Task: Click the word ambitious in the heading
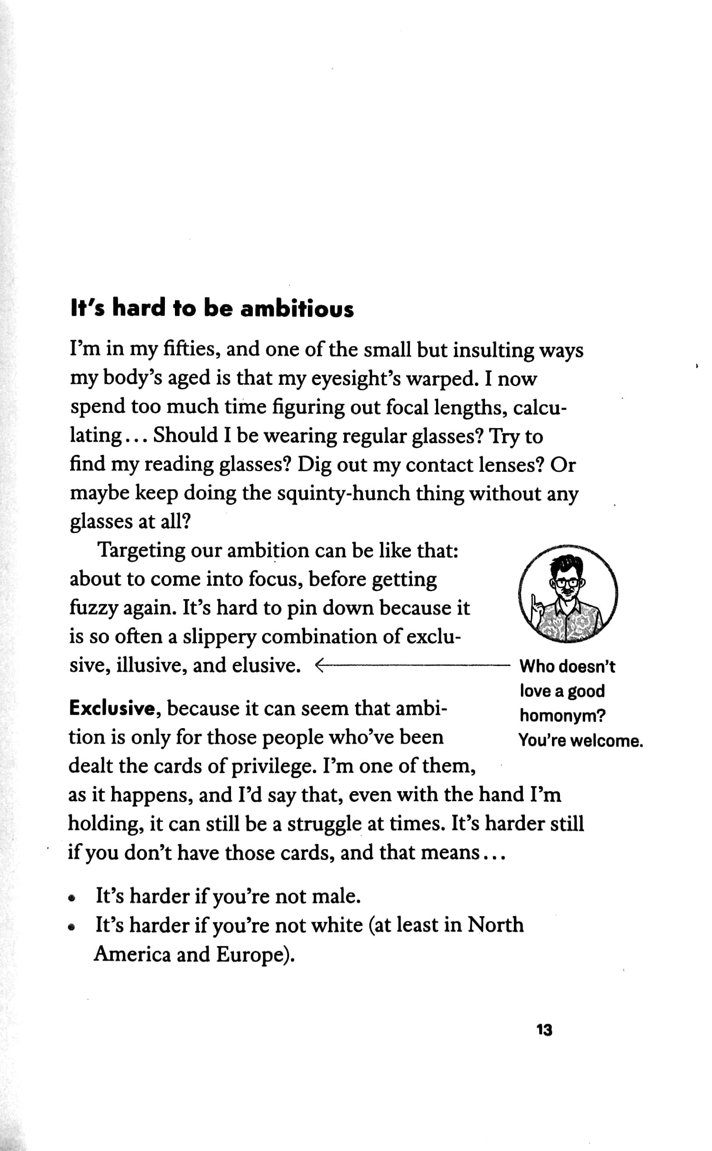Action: pos(297,309)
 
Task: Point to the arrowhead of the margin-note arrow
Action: pos(318,666)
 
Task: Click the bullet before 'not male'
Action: pos(72,897)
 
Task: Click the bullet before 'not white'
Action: pos(72,926)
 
